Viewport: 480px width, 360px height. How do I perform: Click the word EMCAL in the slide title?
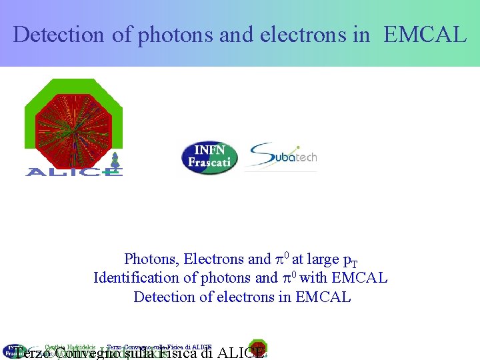pyautogui.click(x=425, y=35)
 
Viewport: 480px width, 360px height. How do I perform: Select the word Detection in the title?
pyautogui.click(x=59, y=35)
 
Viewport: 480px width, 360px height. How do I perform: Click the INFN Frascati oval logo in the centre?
pyautogui.click(x=209, y=158)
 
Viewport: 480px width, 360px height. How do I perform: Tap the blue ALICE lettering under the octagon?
pyautogui.click(x=73, y=172)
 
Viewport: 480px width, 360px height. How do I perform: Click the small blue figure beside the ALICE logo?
pyautogui.click(x=115, y=160)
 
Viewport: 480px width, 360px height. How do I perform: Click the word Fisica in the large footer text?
pyautogui.click(x=176, y=353)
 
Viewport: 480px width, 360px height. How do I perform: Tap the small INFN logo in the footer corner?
pyautogui.click(x=12, y=351)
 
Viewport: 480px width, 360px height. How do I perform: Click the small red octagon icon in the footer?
pyautogui.click(x=258, y=349)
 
